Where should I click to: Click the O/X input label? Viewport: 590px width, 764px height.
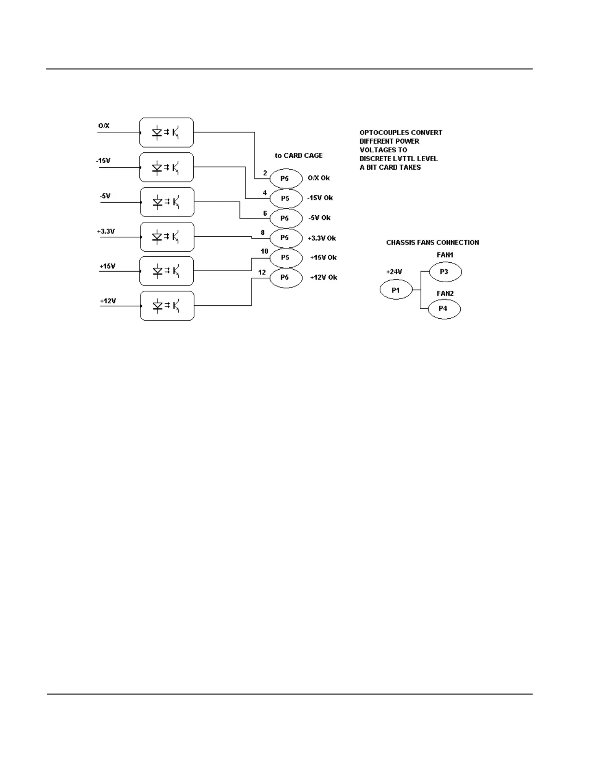coord(104,126)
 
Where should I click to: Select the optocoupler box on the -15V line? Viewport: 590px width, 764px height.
coord(166,167)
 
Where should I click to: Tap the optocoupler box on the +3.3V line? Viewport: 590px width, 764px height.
coord(167,237)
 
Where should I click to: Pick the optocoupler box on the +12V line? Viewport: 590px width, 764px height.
coord(167,306)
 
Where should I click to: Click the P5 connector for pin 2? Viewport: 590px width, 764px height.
coord(285,178)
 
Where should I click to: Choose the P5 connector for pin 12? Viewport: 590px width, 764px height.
coord(285,277)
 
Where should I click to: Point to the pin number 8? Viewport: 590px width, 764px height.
coord(263,232)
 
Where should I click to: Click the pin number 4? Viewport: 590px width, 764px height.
coord(265,193)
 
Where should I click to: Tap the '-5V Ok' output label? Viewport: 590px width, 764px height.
coord(319,218)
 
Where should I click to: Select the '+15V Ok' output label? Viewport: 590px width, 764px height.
coord(323,258)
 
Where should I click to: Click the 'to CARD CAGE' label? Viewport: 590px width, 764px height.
coord(298,156)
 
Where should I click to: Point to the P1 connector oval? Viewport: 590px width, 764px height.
coord(396,290)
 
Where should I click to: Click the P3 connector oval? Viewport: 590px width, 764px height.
coord(445,272)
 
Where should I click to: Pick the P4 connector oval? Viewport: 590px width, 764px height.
coord(443,309)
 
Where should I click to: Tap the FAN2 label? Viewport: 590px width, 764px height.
coord(445,293)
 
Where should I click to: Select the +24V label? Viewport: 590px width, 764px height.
coord(394,272)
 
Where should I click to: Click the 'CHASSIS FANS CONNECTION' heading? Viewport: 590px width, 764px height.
coord(432,243)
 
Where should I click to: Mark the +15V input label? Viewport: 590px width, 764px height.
coord(107,266)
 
